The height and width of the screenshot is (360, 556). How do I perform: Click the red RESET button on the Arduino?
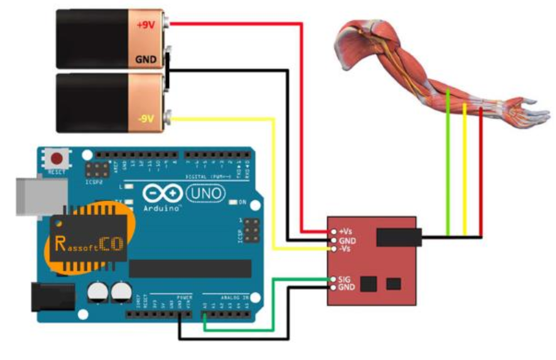(x=59, y=158)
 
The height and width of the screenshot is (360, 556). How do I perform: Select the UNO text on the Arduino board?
(x=205, y=195)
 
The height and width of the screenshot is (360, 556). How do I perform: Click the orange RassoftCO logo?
(x=86, y=240)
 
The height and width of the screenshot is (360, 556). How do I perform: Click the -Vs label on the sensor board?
(x=344, y=249)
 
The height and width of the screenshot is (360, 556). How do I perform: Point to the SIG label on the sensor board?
(x=345, y=280)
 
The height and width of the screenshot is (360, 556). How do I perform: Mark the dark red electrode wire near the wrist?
(x=481, y=172)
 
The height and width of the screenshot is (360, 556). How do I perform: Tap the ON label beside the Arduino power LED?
(x=243, y=202)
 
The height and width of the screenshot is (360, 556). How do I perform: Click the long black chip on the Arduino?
(x=190, y=268)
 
